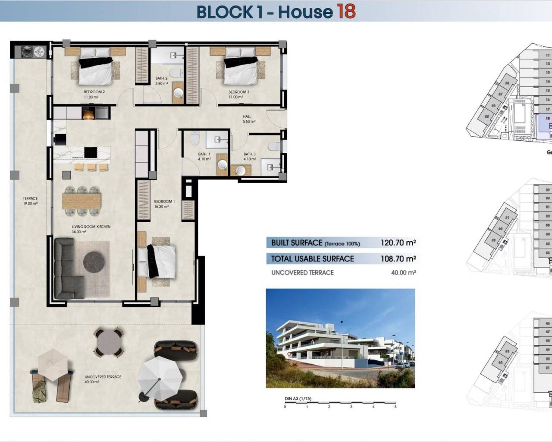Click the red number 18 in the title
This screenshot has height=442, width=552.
(346, 12)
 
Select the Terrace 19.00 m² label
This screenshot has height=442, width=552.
(30, 201)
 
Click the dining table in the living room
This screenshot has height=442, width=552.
(82, 200)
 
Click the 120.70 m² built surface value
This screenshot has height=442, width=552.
(398, 243)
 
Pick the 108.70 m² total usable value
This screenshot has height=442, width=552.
(398, 259)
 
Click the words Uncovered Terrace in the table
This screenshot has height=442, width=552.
(302, 272)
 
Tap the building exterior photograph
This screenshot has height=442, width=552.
(340, 338)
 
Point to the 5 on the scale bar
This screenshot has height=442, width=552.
(395, 406)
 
